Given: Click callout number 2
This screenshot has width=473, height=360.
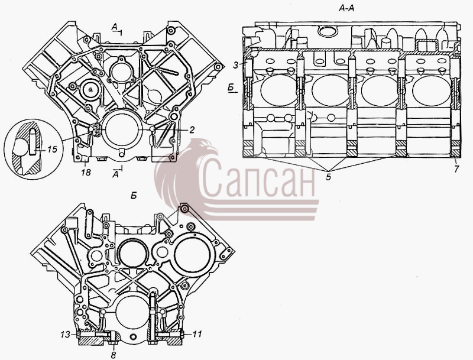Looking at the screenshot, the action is pos(191,129).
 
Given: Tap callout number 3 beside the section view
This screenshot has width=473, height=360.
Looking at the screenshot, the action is pos(236,65).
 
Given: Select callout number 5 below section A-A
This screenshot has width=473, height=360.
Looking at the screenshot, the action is pos(328,177).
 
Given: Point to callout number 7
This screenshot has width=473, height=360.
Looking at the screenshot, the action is pos(456,169).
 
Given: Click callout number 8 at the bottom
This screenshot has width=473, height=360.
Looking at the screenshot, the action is pos(113,355).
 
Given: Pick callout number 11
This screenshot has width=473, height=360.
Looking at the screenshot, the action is pos(197,334).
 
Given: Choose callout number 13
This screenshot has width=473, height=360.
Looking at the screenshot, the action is pos(65,335).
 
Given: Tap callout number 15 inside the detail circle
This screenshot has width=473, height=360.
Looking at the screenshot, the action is pos(52,149).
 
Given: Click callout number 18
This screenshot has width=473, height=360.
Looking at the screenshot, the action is pos(86,172).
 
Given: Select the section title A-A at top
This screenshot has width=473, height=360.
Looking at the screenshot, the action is pos(346,8).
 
